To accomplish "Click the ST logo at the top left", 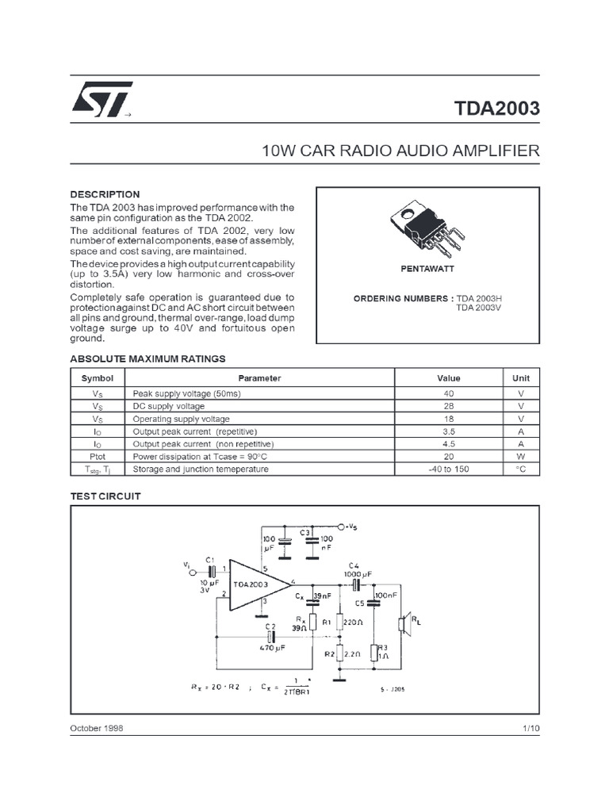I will (x=101, y=100).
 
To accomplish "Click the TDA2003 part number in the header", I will (x=497, y=108).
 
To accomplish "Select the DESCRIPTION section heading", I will (x=105, y=194).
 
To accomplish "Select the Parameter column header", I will (x=260, y=378).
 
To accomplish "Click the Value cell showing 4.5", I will (x=448, y=444).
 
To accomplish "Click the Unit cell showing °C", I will (x=521, y=469).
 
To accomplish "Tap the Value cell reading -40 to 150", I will (x=448, y=469).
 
